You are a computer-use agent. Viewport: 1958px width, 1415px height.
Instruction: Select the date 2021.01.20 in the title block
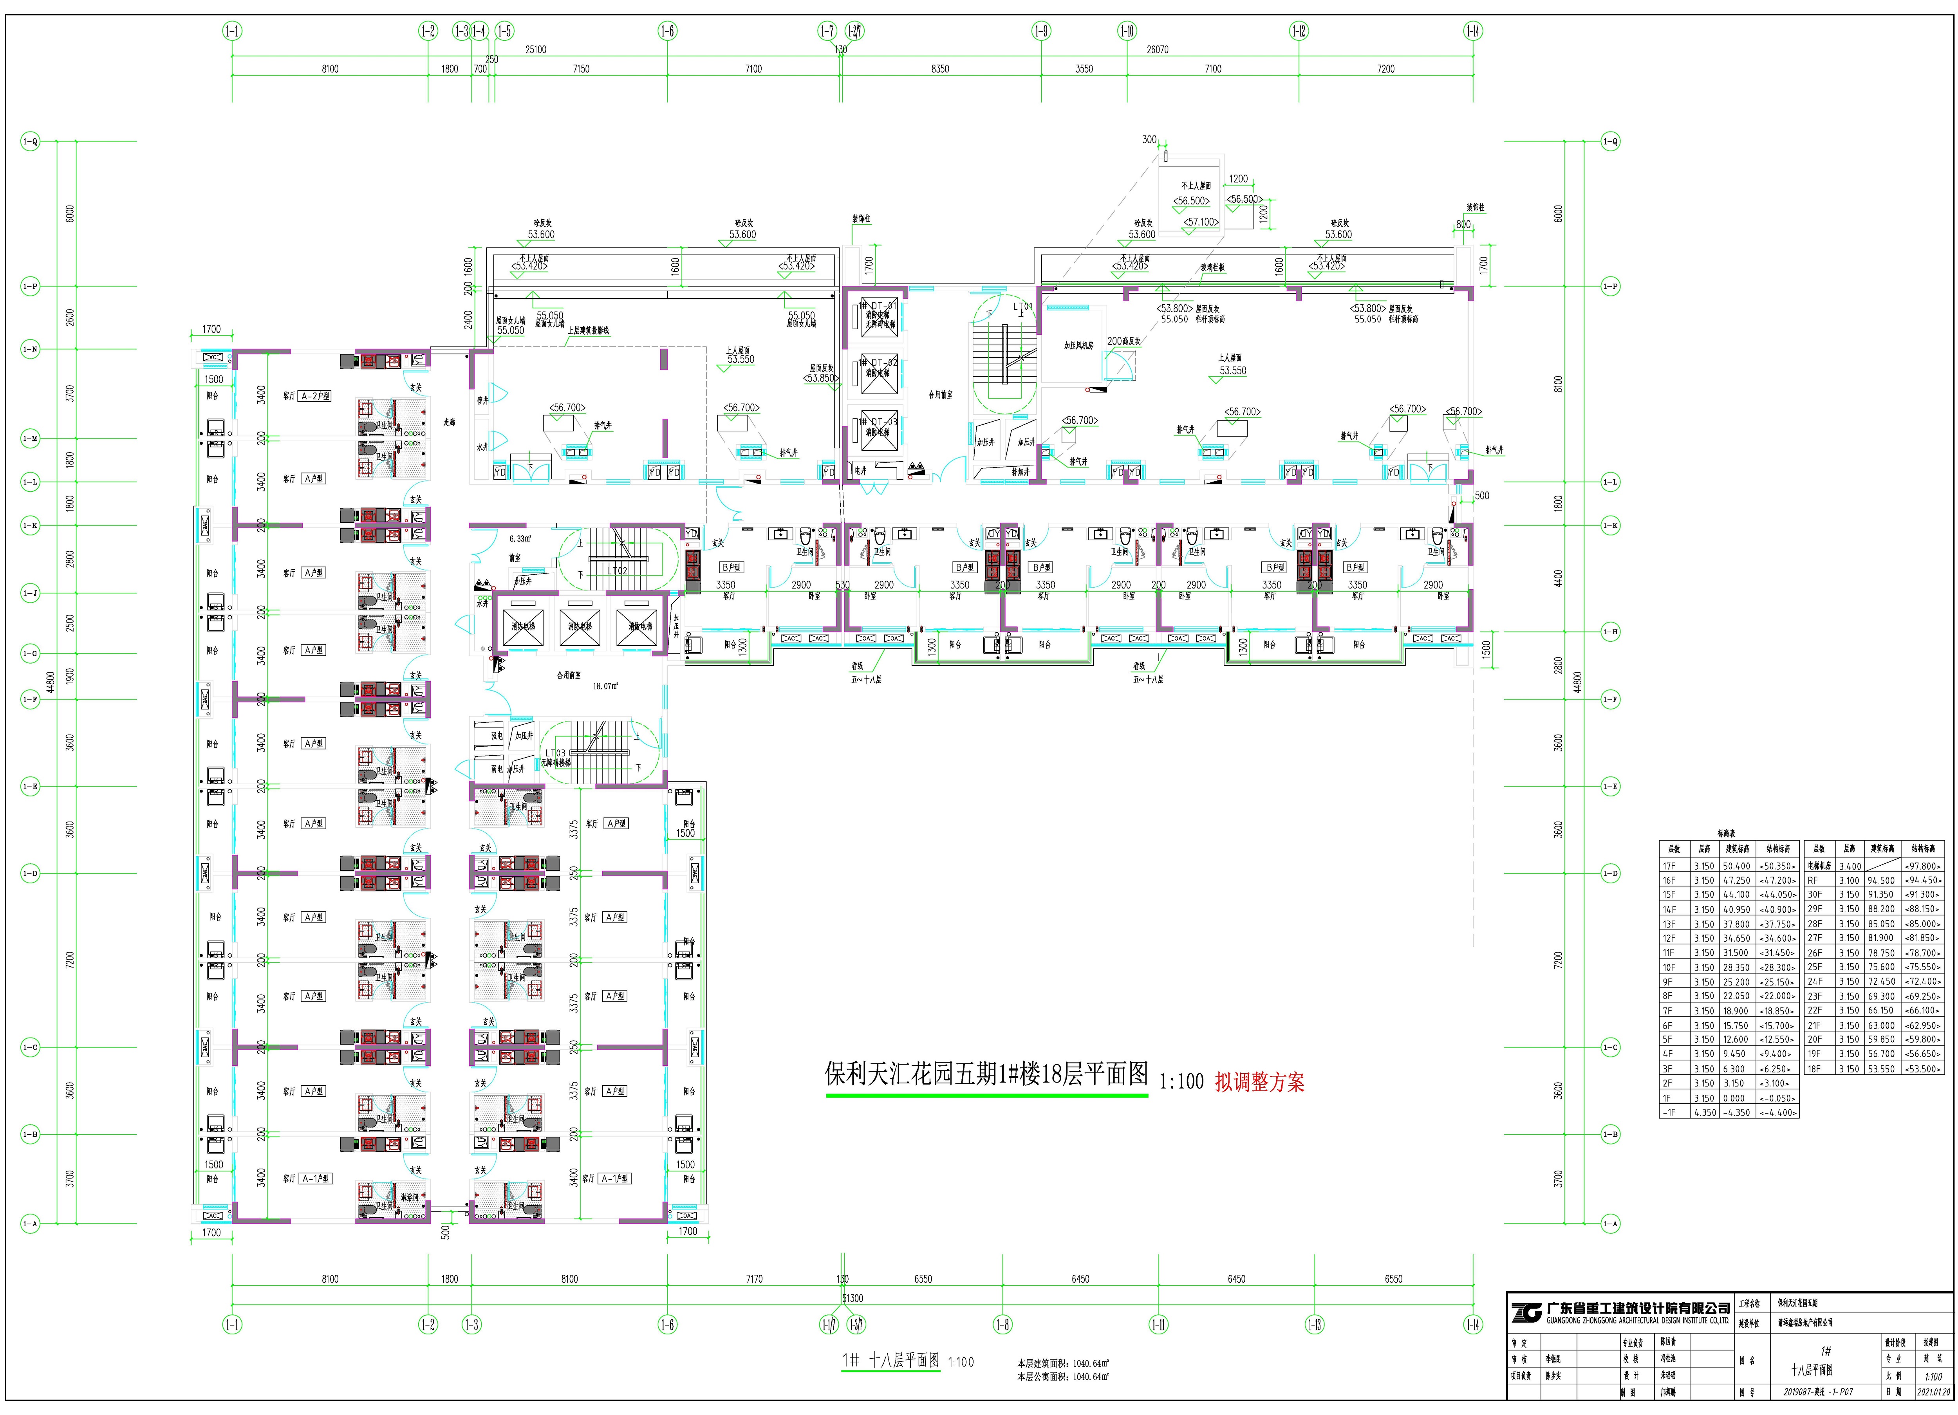1933,1392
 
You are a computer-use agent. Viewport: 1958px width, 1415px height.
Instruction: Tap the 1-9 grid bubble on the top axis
1041,31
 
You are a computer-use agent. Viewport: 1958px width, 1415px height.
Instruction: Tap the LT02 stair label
616,571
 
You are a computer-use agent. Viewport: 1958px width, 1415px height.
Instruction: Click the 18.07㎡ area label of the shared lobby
604,686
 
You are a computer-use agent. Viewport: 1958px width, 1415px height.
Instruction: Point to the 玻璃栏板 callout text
1212,268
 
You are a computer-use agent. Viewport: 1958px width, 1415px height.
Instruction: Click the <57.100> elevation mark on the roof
1201,222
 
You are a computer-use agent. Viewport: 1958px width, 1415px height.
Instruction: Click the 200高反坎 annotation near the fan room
1124,341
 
